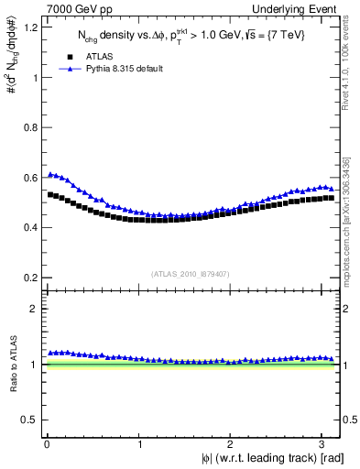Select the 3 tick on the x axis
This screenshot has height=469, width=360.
point(326,445)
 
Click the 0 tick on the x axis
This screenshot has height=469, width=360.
point(45,445)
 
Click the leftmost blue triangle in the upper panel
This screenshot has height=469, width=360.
point(49,174)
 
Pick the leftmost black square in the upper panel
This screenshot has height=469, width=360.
point(49,194)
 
